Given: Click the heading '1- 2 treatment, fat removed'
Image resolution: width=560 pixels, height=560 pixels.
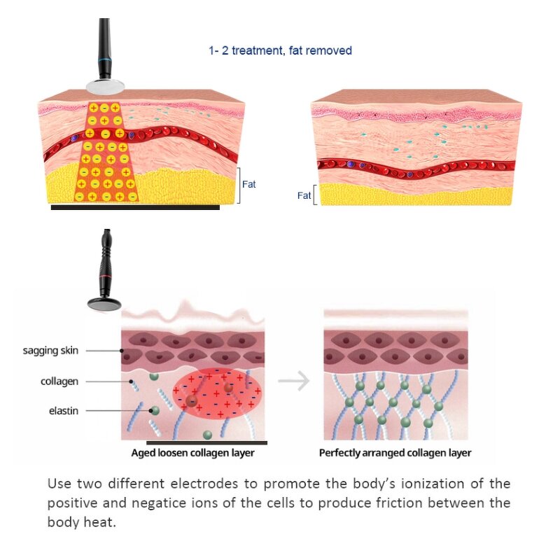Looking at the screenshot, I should pyautogui.click(x=280, y=50).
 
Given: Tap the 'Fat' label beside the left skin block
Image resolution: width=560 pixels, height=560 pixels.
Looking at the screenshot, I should pyautogui.click(x=249, y=185).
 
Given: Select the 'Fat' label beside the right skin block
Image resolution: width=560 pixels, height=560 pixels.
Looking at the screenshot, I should pyautogui.click(x=304, y=196).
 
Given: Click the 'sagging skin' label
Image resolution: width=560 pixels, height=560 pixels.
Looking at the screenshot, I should pyautogui.click(x=50, y=351).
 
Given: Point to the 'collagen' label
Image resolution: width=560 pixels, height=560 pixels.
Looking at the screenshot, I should pyautogui.click(x=59, y=381).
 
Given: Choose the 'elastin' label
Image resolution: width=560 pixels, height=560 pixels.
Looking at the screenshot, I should pyautogui.click(x=62, y=411).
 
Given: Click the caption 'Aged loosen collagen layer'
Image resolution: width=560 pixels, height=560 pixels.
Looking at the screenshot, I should pyautogui.click(x=192, y=453).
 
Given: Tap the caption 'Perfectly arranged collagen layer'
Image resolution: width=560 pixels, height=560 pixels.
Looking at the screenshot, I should pyautogui.click(x=395, y=453).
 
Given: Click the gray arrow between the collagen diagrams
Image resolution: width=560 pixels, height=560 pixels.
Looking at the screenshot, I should pyautogui.click(x=293, y=381).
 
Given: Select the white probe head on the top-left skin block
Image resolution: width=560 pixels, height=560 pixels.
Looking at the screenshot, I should pyautogui.click(x=106, y=86).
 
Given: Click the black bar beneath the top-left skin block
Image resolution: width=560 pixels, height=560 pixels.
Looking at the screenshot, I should pyautogui.click(x=135, y=207).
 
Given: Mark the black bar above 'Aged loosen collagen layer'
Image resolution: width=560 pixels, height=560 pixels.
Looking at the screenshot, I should pyautogui.click(x=206, y=443).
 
